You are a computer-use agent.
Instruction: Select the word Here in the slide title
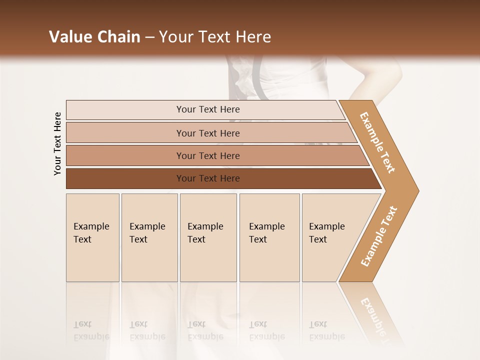[253, 37]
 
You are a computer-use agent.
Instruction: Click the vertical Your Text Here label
[57, 143]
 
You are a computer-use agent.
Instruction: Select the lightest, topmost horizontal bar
[205, 110]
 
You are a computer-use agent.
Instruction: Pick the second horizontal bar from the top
[210, 133]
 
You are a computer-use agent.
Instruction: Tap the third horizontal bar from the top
[215, 155]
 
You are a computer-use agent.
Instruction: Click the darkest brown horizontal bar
[220, 178]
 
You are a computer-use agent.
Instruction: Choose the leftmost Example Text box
[92, 237]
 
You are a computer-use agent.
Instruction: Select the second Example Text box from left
[149, 237]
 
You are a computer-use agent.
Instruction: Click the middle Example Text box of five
[208, 237]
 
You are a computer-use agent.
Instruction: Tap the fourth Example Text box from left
[269, 237]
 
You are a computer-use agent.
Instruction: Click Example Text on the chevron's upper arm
[378, 142]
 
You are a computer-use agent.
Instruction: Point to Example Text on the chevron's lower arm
[379, 236]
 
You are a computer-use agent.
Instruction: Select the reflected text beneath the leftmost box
[91, 330]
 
